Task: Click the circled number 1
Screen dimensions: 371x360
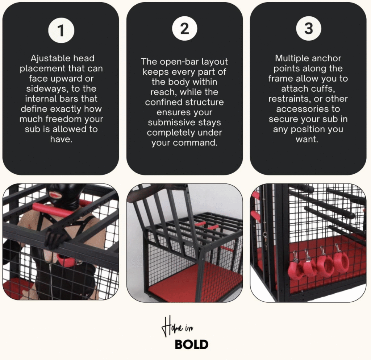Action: point(61,30)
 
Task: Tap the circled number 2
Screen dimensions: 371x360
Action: point(184,29)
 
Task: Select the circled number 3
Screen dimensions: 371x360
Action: point(309,29)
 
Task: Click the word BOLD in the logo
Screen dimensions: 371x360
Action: point(191,345)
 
